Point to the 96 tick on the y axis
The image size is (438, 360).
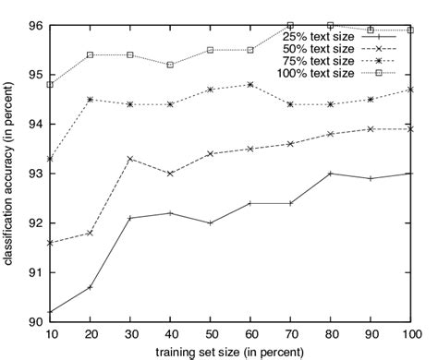(34, 25)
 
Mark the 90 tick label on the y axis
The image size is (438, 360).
(34, 321)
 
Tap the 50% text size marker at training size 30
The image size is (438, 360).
(130, 159)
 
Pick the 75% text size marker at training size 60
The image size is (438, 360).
(250, 84)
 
